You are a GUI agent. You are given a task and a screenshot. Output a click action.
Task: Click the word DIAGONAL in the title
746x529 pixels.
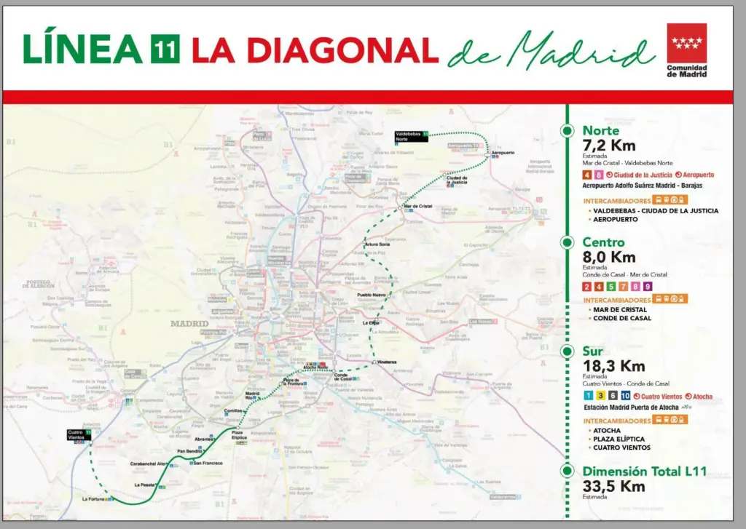click(342, 49)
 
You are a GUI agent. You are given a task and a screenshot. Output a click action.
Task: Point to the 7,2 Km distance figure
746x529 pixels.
click(608, 146)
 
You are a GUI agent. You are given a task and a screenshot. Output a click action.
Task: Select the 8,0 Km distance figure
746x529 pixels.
click(608, 257)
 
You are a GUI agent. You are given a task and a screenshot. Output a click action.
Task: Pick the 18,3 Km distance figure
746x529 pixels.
click(613, 366)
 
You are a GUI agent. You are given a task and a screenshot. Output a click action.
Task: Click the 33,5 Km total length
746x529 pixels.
click(613, 487)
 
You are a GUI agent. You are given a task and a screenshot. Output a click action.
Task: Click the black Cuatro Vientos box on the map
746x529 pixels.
click(79, 434)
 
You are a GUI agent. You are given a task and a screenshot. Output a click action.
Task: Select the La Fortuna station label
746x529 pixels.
click(94, 499)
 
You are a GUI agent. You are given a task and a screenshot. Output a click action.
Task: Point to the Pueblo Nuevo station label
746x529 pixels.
click(371, 295)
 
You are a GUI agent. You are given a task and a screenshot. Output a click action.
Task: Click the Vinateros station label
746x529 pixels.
click(387, 362)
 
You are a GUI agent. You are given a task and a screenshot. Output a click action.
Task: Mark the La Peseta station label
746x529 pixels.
click(144, 485)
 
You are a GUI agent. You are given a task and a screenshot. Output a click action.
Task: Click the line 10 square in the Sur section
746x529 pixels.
click(625, 396)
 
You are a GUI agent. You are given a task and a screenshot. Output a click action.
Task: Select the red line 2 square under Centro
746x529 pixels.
click(587, 287)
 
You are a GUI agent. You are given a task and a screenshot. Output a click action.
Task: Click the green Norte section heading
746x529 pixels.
click(601, 131)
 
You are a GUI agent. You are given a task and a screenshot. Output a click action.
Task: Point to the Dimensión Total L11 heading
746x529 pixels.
click(644, 472)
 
